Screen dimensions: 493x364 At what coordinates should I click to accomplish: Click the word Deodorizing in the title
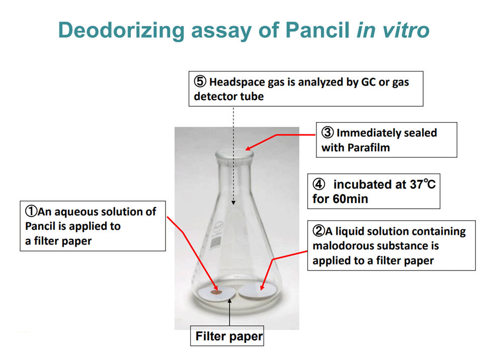click(121, 31)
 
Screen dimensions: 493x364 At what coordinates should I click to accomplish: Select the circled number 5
click(200, 81)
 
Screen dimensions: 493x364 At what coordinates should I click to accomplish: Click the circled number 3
click(327, 132)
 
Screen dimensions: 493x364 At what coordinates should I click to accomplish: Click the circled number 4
click(319, 184)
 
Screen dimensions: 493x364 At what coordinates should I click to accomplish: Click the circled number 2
click(319, 231)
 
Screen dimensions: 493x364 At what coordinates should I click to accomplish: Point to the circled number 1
click(31, 211)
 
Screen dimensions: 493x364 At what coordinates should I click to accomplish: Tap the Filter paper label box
click(227, 336)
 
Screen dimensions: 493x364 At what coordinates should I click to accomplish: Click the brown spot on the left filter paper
click(216, 293)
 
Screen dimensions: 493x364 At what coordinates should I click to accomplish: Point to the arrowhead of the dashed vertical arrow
click(233, 203)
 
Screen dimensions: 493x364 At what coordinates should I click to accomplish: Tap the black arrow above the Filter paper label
click(229, 312)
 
